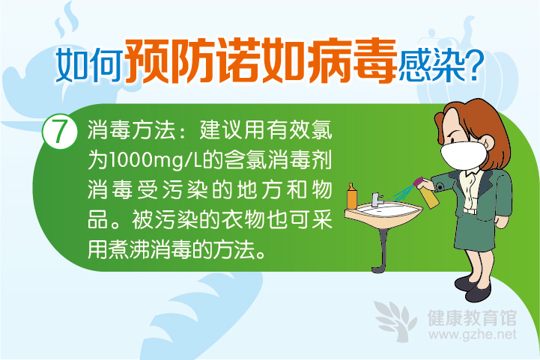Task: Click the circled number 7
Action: [x=59, y=132]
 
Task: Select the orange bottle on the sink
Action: [x=351, y=196]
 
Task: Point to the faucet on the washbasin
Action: [x=377, y=199]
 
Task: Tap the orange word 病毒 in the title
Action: [x=353, y=61]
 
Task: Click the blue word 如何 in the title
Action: [x=89, y=64]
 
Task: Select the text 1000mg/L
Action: [x=154, y=160]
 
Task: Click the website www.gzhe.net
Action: [x=473, y=335]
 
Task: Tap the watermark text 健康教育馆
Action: [x=472, y=317]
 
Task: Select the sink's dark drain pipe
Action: [x=381, y=249]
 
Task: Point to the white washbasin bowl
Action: [x=383, y=213]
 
